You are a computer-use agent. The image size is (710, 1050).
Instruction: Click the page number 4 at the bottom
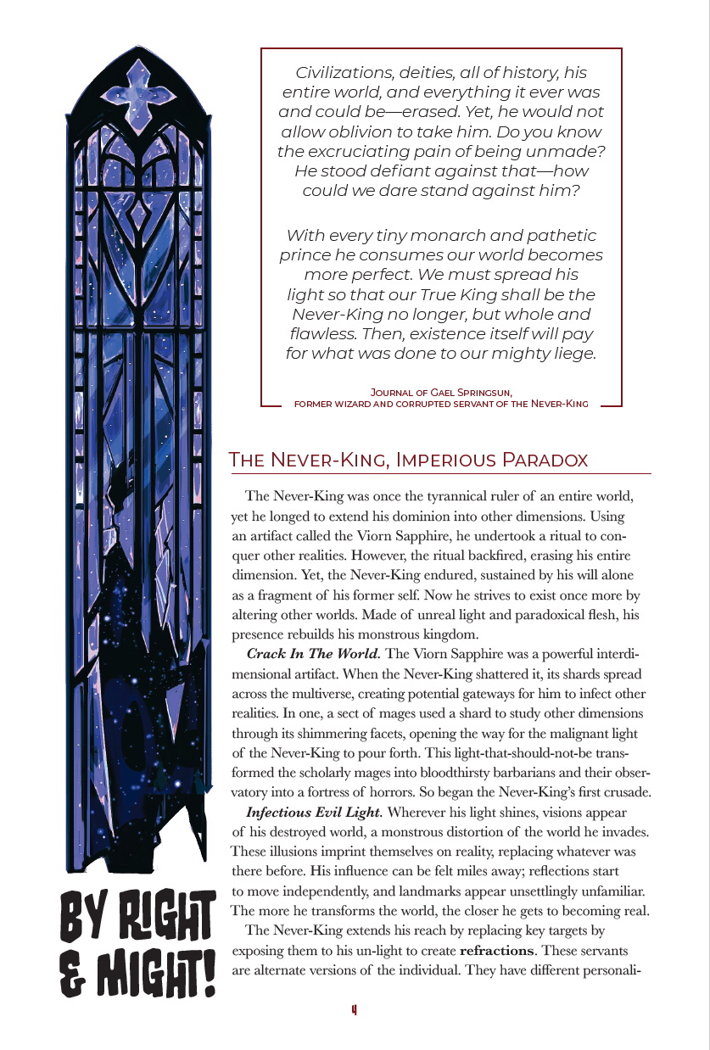[x=354, y=1009]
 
